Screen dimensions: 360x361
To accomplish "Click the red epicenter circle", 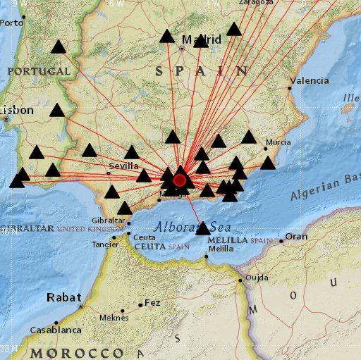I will pyautogui.click(x=180, y=180).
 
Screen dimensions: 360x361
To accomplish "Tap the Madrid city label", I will pyautogui.click(x=202, y=39).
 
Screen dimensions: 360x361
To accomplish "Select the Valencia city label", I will pyautogui.click(x=309, y=81).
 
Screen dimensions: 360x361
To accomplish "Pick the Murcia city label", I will pyautogui.click(x=277, y=142).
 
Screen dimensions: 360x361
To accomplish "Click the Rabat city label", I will pyautogui.click(x=64, y=297).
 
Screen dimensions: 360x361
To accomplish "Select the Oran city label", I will pyautogui.click(x=296, y=237).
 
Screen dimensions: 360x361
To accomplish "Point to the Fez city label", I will pyautogui.click(x=152, y=303).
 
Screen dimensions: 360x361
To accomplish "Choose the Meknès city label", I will pyautogui.click(x=114, y=317).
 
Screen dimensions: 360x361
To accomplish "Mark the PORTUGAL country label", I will pyautogui.click(x=39, y=71).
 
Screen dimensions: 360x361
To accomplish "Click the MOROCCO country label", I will pyautogui.click(x=76, y=352).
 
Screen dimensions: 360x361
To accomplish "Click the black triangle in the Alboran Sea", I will pyautogui.click(x=203, y=228).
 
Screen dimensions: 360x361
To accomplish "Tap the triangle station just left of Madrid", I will pyautogui.click(x=167, y=36).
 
